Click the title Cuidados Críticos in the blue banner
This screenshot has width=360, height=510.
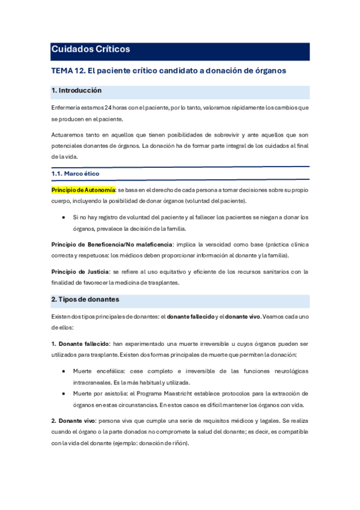[x=90, y=50]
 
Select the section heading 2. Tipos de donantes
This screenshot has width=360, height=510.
[x=85, y=300]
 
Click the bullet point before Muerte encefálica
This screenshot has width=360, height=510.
[x=64, y=371]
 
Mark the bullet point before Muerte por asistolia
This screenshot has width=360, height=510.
[x=64, y=393]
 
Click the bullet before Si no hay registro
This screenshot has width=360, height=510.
[x=64, y=217]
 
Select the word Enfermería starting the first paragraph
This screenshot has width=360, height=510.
[x=67, y=108]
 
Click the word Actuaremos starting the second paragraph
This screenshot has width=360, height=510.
[x=69, y=135]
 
